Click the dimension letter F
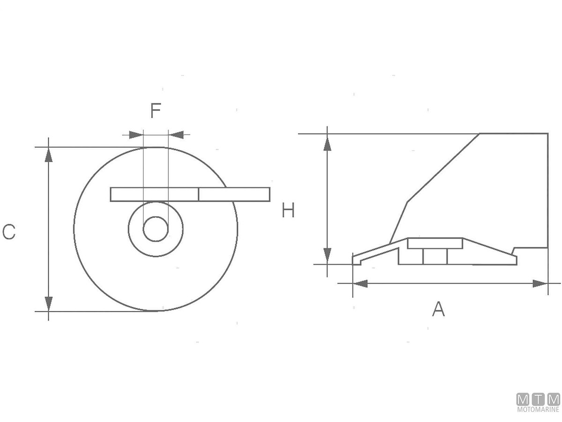pyautogui.click(x=155, y=111)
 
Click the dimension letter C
pyautogui.click(x=9, y=232)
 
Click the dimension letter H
pyautogui.click(x=288, y=210)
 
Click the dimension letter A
pyautogui.click(x=438, y=309)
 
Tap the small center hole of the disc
pyautogui.click(x=155, y=229)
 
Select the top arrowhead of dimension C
pyautogui.click(x=48, y=155)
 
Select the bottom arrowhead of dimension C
pyautogui.click(x=48, y=304)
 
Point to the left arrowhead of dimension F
pyautogui.click(x=136, y=135)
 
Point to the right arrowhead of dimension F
pyautogui.click(x=176, y=135)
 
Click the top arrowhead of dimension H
pyautogui.click(x=327, y=143)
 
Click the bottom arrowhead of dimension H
pyautogui.click(x=327, y=256)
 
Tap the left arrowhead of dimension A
pyautogui.click(x=360, y=284)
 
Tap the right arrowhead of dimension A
pyautogui.click(x=540, y=284)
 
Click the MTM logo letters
pyautogui.click(x=538, y=399)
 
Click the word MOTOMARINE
pyautogui.click(x=538, y=409)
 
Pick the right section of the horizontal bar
pyautogui.click(x=234, y=195)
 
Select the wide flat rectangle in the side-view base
pyautogui.click(x=435, y=243)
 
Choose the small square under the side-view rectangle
pyautogui.click(x=435, y=256)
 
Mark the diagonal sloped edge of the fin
pyautogui.click(x=443, y=168)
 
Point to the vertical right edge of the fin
pyautogui.click(x=548, y=190)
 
